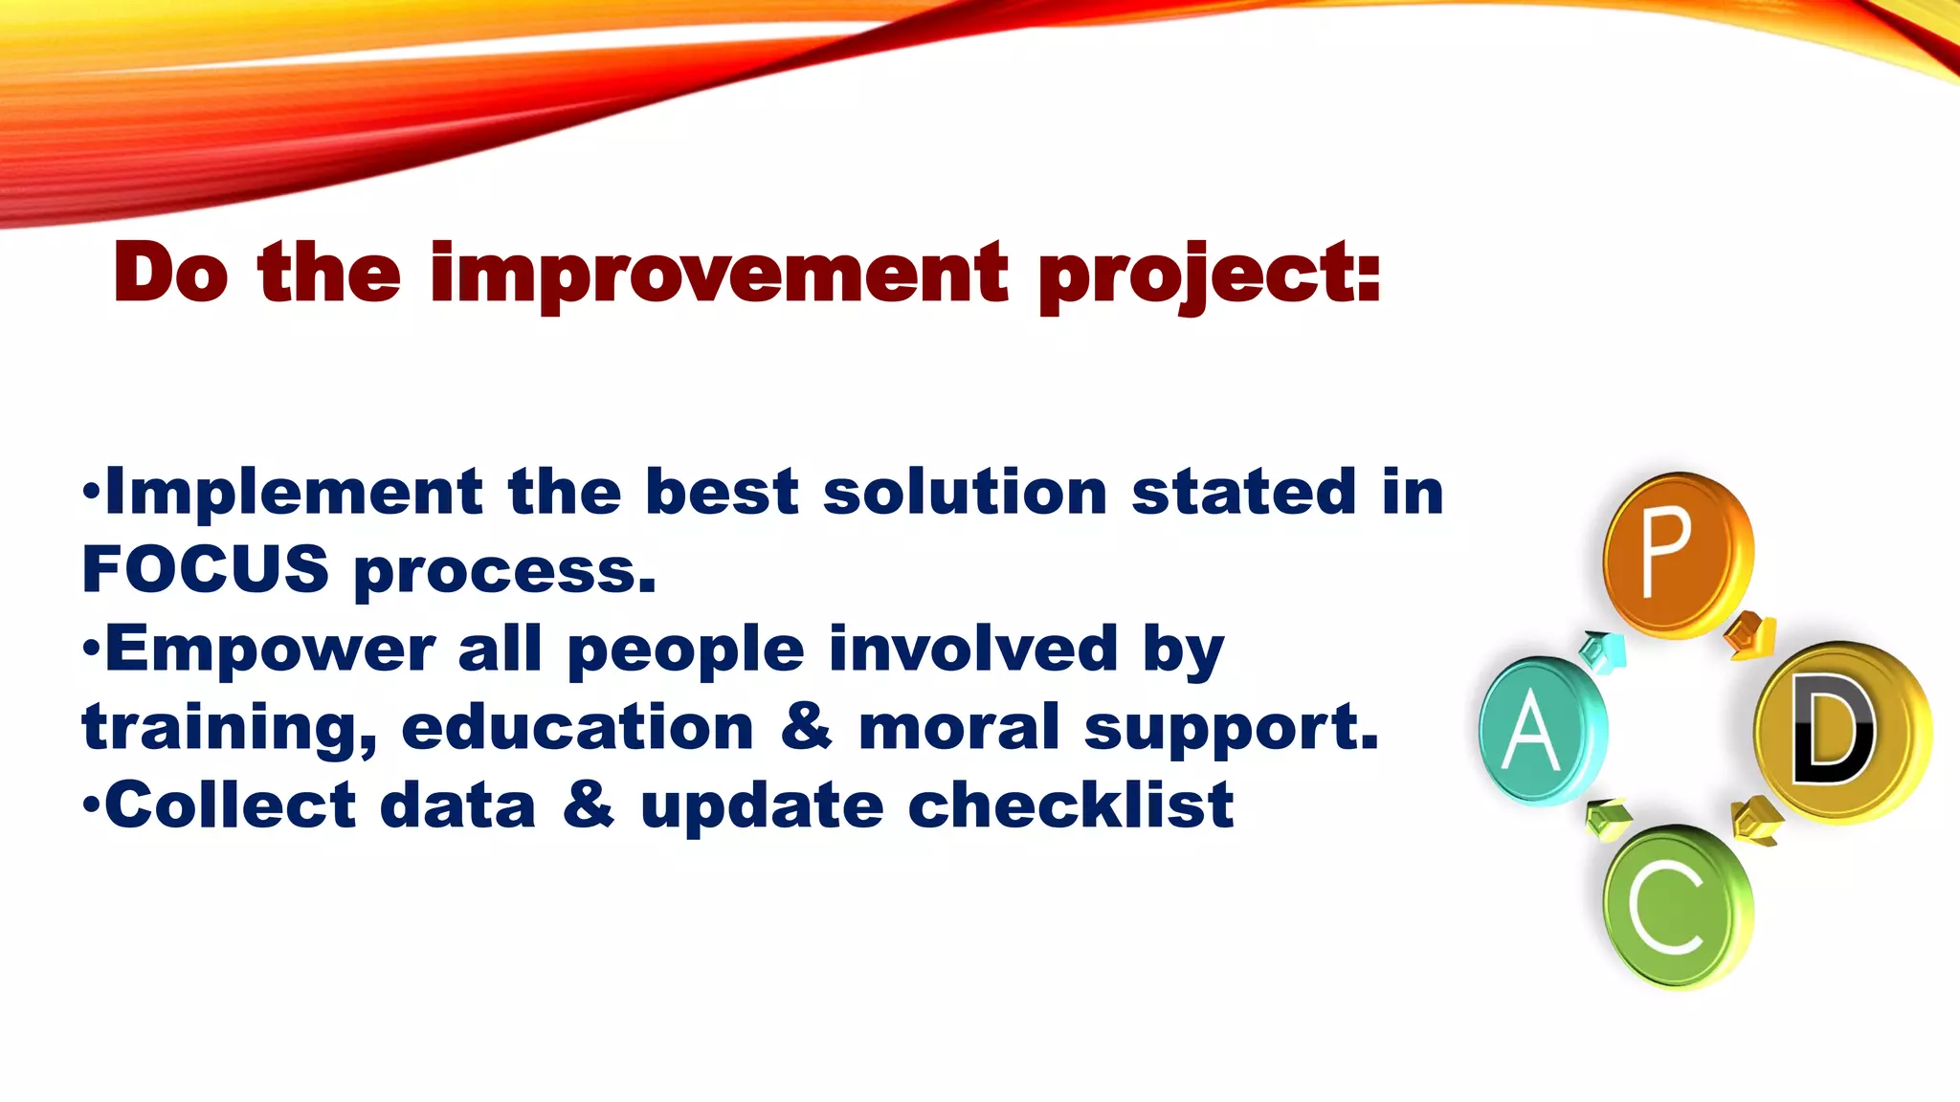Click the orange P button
(x=1677, y=555)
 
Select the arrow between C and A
(x=1608, y=819)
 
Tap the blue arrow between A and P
(x=1604, y=652)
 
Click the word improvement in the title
(x=719, y=275)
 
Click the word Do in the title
(x=170, y=275)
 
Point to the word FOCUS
(x=206, y=569)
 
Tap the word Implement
(x=294, y=493)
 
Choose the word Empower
(x=270, y=650)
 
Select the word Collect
(x=231, y=805)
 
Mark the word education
(x=578, y=727)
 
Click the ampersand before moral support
(x=806, y=727)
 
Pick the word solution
(x=965, y=493)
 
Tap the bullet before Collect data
(x=91, y=806)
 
